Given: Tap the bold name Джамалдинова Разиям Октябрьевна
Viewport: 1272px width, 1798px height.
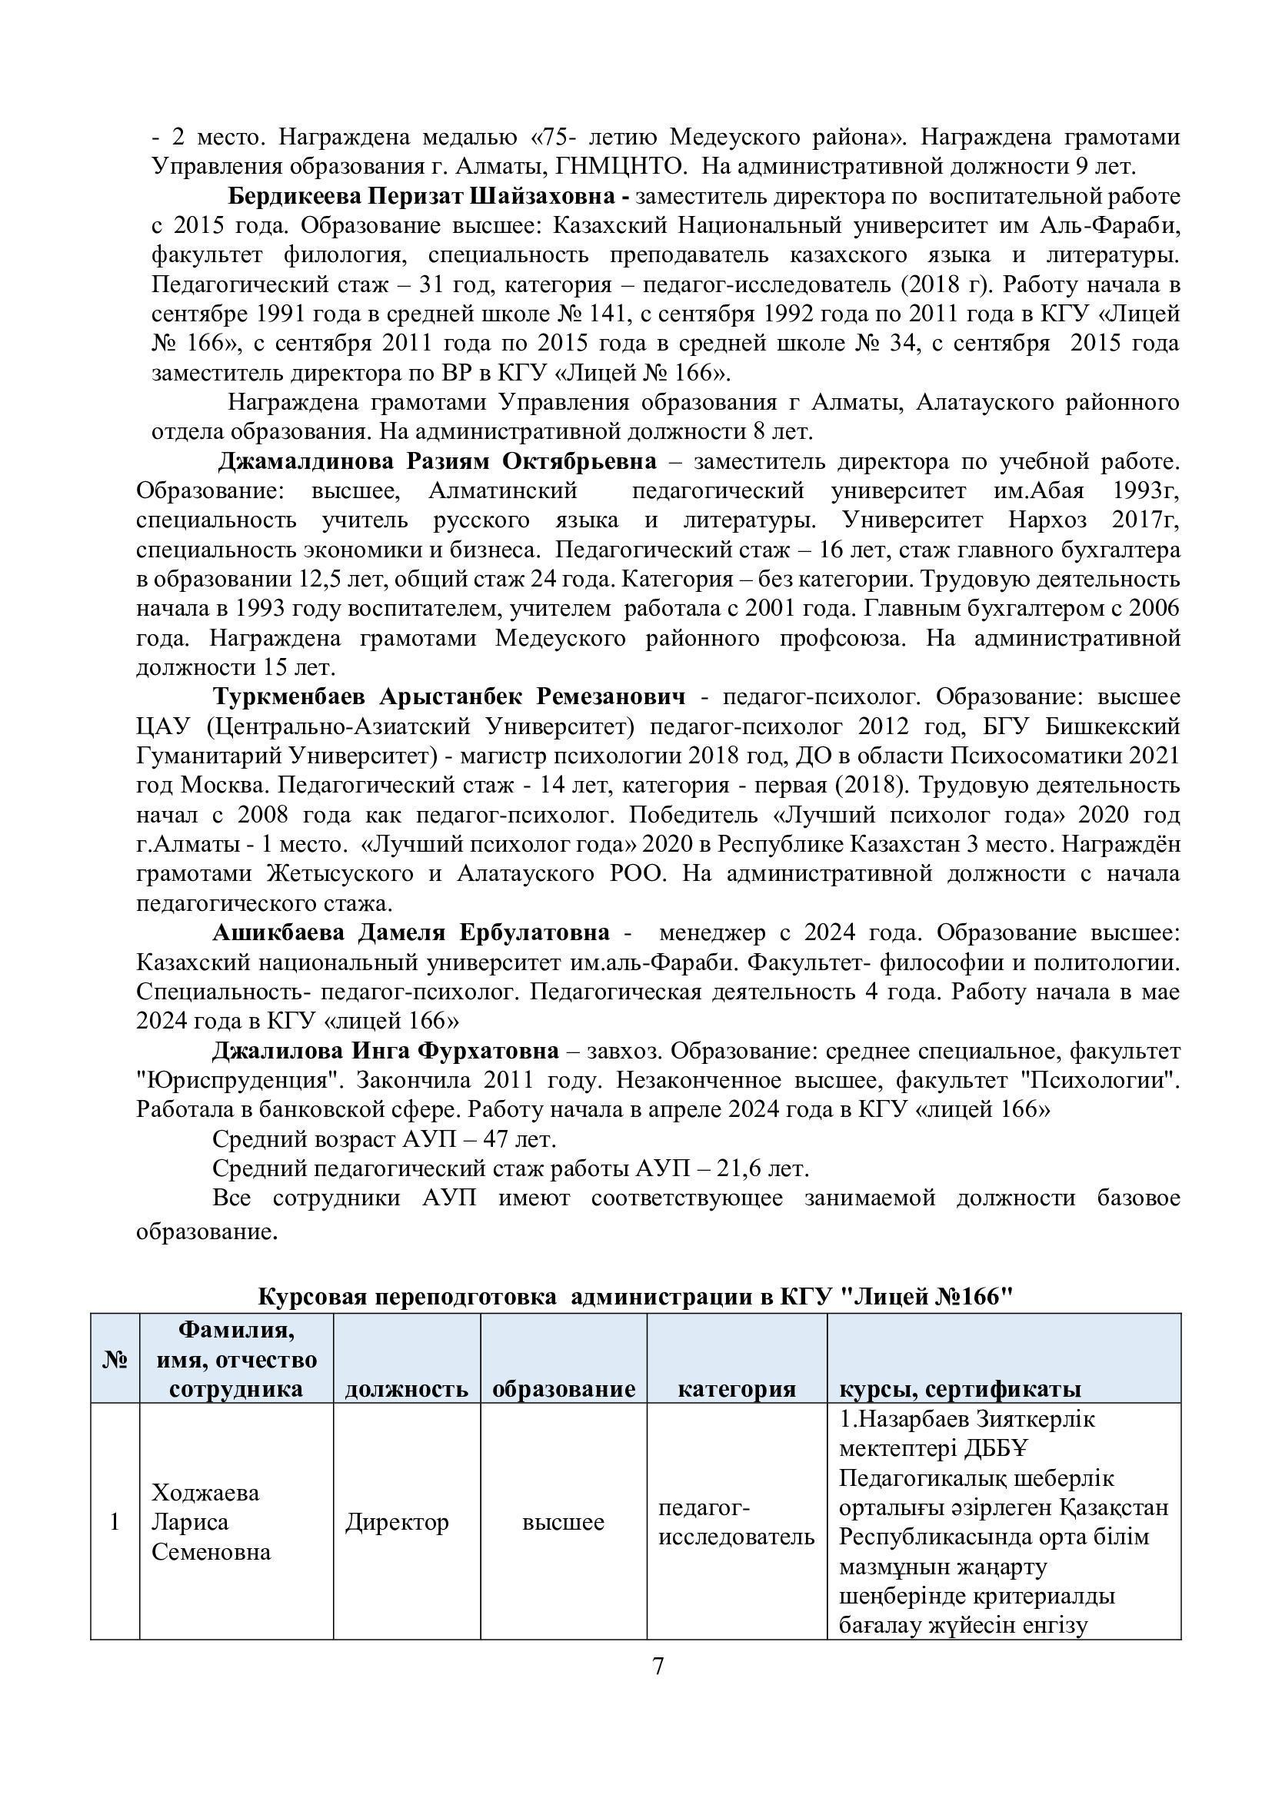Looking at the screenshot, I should coord(437,462).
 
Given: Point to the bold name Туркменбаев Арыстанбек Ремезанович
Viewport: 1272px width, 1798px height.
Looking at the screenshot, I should coord(449,697).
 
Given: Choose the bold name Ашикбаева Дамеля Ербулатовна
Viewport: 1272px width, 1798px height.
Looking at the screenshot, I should coord(411,932).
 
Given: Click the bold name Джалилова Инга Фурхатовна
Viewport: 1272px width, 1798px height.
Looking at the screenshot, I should coord(385,1050).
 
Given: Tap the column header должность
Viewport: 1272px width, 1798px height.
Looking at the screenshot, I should coord(407,1388).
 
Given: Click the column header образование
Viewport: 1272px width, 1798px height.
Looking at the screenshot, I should coord(563,1388).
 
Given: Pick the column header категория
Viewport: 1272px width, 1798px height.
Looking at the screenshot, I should coord(736,1388).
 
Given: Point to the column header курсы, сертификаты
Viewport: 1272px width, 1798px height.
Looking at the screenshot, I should coord(961,1388).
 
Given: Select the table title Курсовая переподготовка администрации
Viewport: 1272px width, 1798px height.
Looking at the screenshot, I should coord(635,1297).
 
